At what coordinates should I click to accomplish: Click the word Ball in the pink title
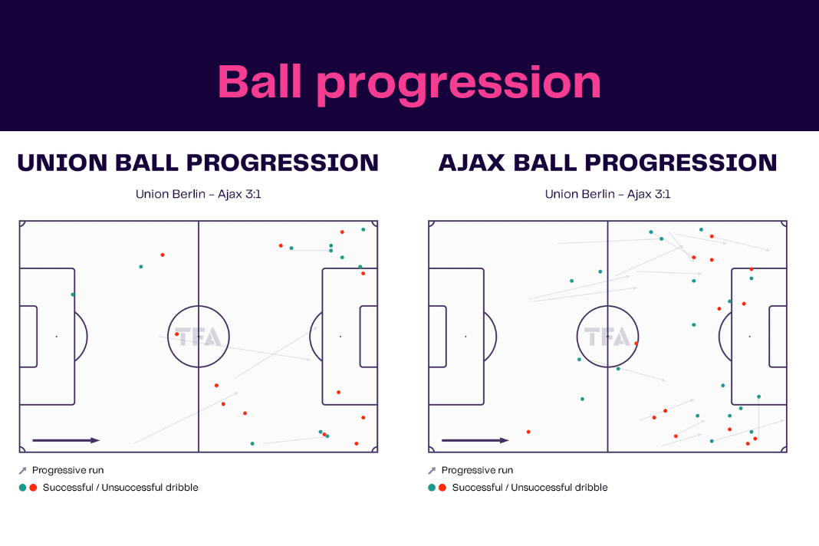coord(260,81)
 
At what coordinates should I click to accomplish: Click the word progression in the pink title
coord(459,85)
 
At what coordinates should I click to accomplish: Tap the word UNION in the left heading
coord(62,163)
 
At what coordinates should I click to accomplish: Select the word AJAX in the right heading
coord(472,163)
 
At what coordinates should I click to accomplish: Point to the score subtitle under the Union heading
coord(198,194)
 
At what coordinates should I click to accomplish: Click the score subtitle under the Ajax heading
coord(607,194)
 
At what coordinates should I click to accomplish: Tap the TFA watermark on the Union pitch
coord(199,337)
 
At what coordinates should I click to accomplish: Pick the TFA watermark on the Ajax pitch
coord(607,337)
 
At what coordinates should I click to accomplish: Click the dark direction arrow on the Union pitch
coord(66,440)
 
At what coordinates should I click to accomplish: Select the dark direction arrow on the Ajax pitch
coord(475,440)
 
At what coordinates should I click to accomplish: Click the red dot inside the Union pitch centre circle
coord(176,334)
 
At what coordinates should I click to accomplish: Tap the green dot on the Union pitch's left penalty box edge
coord(73,294)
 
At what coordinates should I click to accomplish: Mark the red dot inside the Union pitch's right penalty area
coord(338,392)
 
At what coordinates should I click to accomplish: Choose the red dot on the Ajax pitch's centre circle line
coord(636,344)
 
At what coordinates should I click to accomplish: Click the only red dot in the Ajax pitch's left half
coord(528,432)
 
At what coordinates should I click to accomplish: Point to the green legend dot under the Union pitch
coord(22,488)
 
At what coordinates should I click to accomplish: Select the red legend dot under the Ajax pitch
coord(442,488)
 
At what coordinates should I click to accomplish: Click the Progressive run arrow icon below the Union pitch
coord(22,471)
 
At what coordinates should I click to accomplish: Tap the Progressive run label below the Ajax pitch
coord(477,470)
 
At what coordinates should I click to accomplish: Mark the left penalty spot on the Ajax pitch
coord(466,337)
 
